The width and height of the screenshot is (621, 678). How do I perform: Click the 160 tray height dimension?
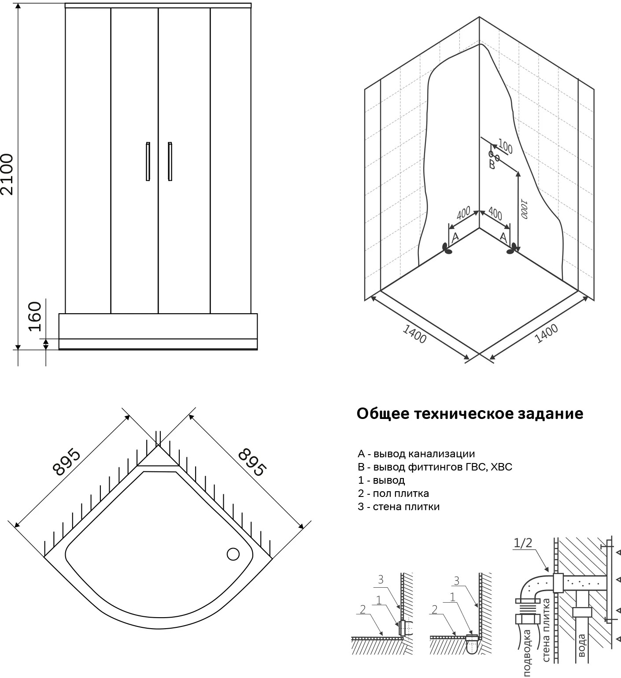(34, 316)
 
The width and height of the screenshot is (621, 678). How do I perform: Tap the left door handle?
(148, 161)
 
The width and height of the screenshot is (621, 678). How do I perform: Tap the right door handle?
(170, 161)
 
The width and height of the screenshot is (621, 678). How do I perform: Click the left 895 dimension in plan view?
(67, 463)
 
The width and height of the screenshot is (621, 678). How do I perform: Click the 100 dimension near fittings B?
(505, 147)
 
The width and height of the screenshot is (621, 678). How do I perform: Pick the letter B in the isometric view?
(492, 165)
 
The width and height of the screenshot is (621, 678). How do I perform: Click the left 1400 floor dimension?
(414, 334)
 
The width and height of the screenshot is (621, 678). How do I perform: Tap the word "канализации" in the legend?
(442, 454)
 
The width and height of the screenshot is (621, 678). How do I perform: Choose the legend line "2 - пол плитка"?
(393, 493)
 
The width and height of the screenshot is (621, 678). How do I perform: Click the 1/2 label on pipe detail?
(523, 543)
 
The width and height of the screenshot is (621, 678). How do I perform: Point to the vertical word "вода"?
(581, 645)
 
